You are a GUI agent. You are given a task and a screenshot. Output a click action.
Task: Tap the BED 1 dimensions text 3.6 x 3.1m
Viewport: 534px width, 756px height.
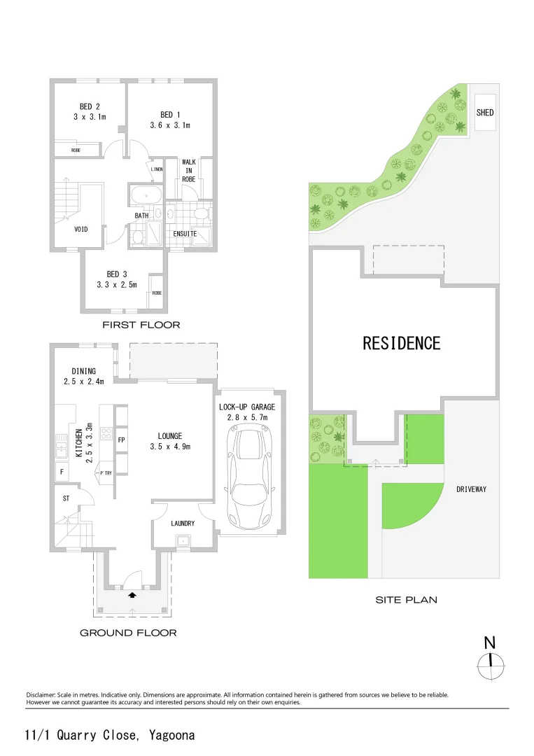(170, 125)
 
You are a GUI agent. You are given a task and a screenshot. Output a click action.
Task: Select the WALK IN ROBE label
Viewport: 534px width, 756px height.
(189, 170)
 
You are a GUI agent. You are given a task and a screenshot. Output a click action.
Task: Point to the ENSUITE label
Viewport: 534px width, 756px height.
(185, 233)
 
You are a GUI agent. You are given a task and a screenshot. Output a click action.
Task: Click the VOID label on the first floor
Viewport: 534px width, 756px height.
(81, 229)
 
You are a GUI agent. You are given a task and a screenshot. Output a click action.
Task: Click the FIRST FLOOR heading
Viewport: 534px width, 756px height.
(141, 325)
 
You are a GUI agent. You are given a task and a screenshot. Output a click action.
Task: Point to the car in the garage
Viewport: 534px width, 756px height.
(248, 479)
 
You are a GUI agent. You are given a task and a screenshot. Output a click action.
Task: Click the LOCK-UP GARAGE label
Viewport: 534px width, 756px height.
(247, 407)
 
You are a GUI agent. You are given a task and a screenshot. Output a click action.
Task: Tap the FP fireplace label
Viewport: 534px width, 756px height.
(121, 440)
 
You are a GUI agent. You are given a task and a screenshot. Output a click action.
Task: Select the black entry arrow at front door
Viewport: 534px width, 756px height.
(133, 596)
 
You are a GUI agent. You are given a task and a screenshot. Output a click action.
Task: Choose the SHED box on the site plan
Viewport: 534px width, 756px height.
(485, 112)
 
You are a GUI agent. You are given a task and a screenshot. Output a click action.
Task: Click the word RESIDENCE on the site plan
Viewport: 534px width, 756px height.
(401, 343)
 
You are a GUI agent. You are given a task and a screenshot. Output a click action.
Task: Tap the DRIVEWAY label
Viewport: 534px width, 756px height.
(471, 489)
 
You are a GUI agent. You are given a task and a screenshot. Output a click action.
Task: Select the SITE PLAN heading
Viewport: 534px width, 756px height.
(406, 600)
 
